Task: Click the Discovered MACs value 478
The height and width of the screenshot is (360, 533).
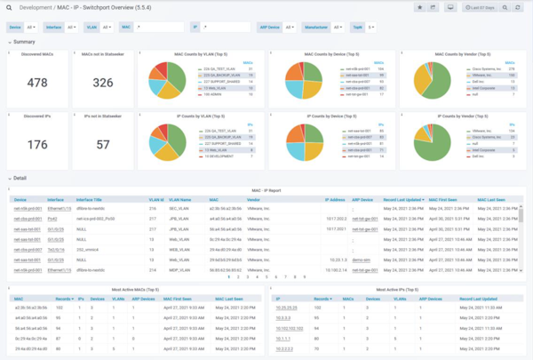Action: pos(37,83)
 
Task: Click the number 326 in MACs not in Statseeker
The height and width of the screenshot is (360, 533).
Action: pos(103,83)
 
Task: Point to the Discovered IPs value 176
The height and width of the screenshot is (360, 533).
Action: pos(37,143)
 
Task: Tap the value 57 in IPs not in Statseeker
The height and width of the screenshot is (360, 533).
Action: pos(103,143)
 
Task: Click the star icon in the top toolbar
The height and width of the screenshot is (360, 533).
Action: pos(419,8)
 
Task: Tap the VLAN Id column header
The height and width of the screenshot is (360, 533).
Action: pos(156,200)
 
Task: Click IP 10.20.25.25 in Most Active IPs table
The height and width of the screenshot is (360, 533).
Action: pos(287,305)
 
